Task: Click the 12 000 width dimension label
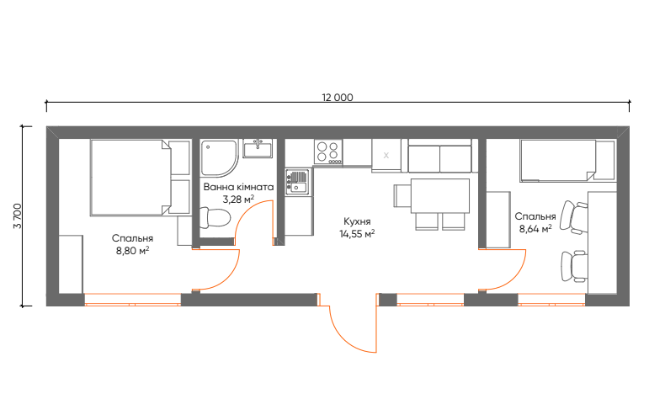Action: (x=338, y=98)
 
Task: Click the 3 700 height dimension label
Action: (x=18, y=215)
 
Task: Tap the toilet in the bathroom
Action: (x=215, y=218)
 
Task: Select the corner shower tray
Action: (x=219, y=157)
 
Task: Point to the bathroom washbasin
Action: (x=258, y=148)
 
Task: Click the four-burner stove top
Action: (x=328, y=152)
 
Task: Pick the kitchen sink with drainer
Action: (x=298, y=182)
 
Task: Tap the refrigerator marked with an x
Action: (x=386, y=155)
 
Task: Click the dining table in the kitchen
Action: (x=439, y=196)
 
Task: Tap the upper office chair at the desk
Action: (x=574, y=217)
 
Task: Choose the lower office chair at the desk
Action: (x=574, y=266)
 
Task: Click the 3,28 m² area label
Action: (x=238, y=199)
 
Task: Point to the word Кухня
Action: (x=357, y=221)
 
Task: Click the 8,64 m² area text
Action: (x=535, y=229)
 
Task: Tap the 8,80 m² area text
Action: (x=132, y=251)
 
